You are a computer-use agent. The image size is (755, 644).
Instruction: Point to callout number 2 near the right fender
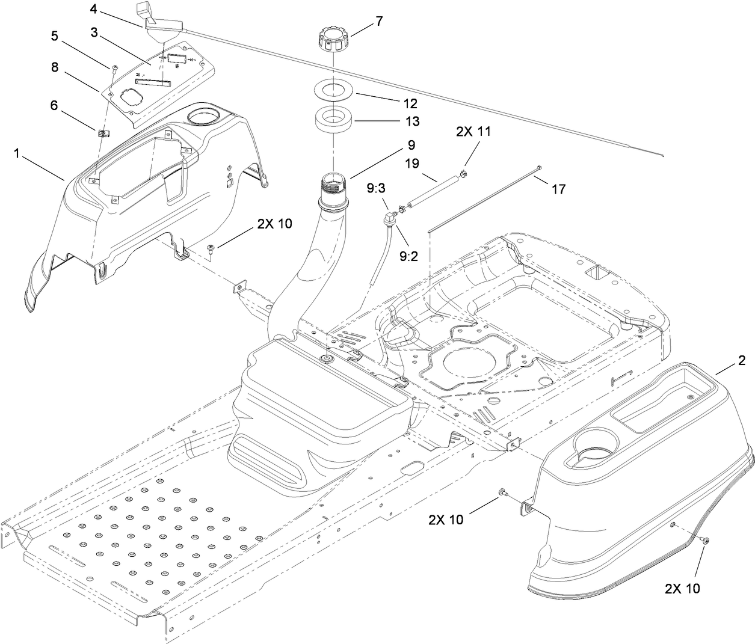pyautogui.click(x=741, y=361)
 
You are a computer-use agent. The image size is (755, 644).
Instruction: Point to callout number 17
pyautogui.click(x=558, y=189)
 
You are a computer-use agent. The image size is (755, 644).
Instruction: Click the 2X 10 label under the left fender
pyautogui.click(x=274, y=224)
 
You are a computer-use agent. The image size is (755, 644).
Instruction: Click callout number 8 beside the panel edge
pyautogui.click(x=55, y=67)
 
